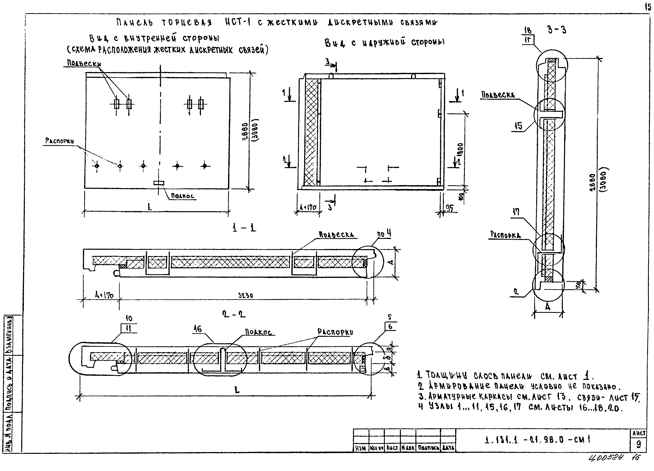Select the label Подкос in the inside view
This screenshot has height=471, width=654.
point(183,196)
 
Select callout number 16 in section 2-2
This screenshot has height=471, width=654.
point(198,329)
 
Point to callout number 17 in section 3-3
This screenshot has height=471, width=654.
point(516,212)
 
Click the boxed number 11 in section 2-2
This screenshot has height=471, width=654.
point(129,328)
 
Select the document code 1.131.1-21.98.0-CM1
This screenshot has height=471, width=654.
point(538,440)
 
